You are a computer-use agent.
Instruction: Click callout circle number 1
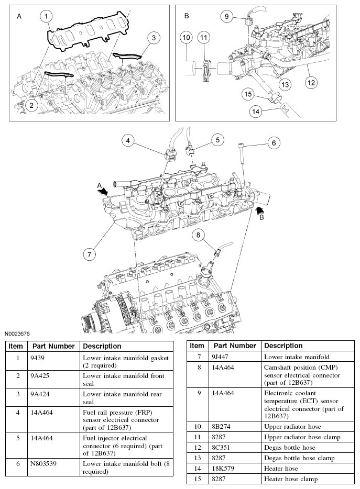(47, 17)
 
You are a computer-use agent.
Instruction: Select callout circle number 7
(90, 254)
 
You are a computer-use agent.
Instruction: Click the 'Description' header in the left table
(102, 346)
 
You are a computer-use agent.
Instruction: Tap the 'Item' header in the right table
(197, 346)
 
